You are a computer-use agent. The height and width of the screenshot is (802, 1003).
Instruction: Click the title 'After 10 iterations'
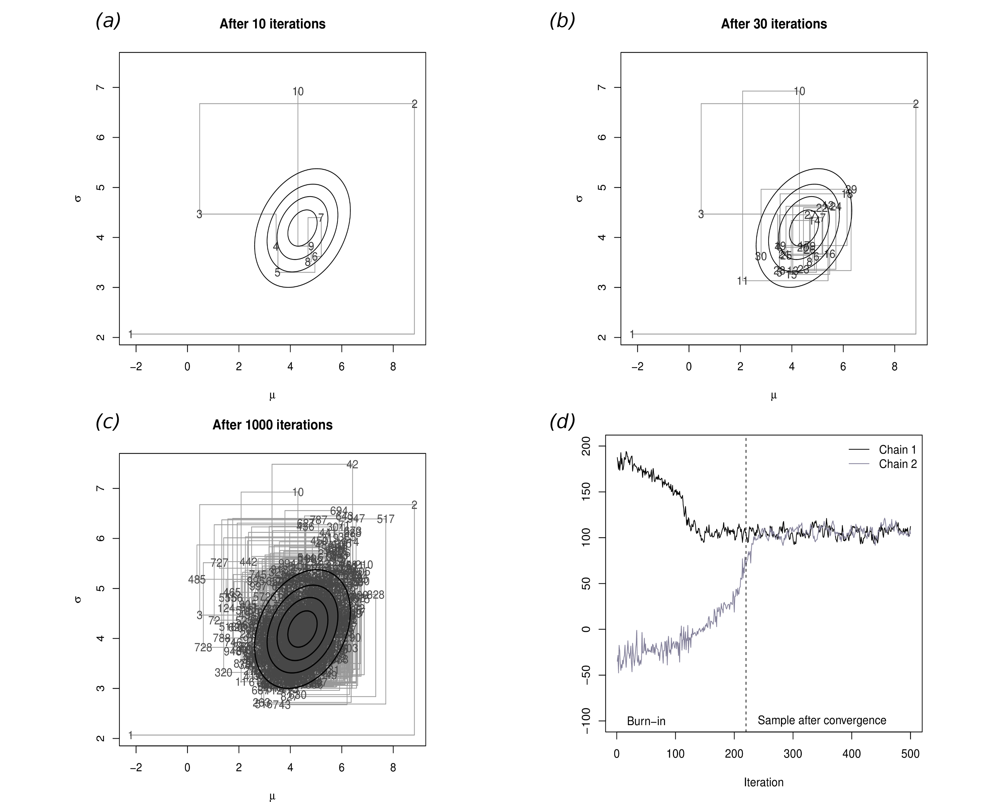click(272, 24)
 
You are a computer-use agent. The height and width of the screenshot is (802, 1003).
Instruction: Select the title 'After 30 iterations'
click(774, 24)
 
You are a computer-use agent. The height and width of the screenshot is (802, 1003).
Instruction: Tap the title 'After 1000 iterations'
click(272, 425)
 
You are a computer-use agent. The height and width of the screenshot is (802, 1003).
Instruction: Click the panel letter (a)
click(108, 21)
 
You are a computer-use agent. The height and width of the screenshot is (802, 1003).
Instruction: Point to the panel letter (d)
click(562, 422)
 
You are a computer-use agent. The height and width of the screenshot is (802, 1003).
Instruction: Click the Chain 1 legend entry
click(897, 449)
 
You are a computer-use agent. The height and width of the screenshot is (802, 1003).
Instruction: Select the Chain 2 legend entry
click(897, 464)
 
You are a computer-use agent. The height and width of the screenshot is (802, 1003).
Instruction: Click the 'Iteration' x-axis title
click(763, 783)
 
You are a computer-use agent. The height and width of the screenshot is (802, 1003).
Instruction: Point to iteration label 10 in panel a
click(298, 92)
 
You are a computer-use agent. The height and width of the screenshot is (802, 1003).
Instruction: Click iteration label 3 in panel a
click(199, 214)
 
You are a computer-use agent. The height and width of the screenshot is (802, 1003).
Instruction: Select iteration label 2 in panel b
click(915, 104)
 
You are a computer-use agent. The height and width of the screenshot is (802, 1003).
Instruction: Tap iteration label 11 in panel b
click(742, 281)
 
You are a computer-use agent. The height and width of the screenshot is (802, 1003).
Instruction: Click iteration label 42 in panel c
click(352, 464)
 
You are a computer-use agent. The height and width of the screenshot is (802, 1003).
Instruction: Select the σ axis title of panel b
click(579, 198)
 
